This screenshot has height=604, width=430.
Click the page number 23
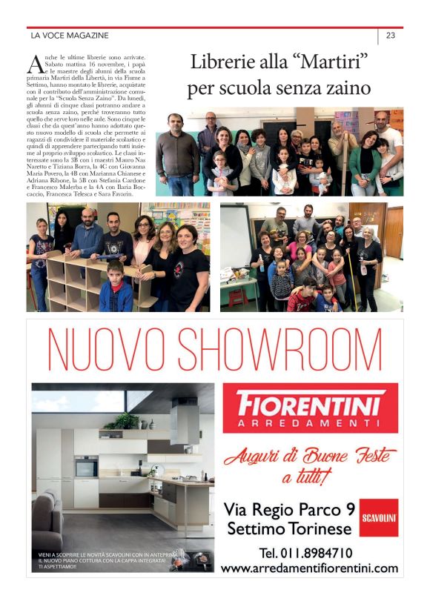tap(390, 35)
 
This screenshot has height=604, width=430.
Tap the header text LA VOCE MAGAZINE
tap(70, 35)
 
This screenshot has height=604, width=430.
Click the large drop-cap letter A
tap(34, 64)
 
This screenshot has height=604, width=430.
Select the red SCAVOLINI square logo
tap(379, 517)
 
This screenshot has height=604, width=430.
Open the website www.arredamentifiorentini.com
tap(309, 568)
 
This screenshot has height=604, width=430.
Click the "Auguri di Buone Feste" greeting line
tap(310, 456)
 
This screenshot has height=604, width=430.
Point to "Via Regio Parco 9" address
tap(288, 509)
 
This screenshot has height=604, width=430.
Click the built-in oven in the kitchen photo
tap(86, 466)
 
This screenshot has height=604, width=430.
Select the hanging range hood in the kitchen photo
tap(184, 420)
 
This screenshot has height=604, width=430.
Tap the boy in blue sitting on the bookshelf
tap(115, 289)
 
